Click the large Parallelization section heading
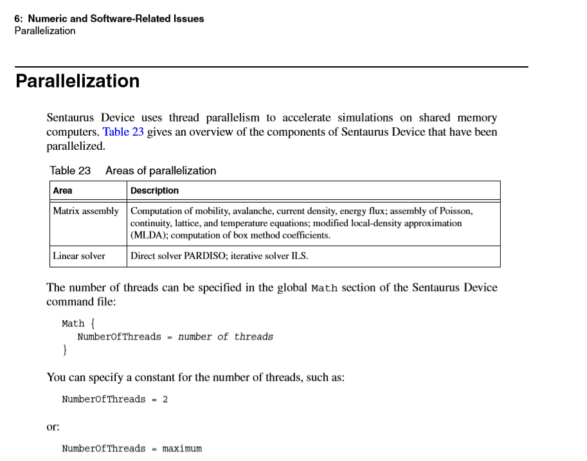click(x=77, y=82)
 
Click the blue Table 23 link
click(x=123, y=132)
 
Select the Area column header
click(x=63, y=190)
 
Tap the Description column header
click(x=154, y=190)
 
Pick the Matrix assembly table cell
click(x=86, y=211)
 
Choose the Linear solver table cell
click(x=79, y=256)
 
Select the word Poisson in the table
click(x=455, y=211)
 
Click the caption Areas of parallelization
click(x=161, y=170)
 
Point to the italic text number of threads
click(x=225, y=337)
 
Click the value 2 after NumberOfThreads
click(x=165, y=399)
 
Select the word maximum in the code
click(x=182, y=449)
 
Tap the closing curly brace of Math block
click(x=64, y=350)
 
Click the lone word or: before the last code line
click(x=53, y=426)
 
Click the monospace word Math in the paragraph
click(x=324, y=288)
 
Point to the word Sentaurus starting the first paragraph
click(x=71, y=118)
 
